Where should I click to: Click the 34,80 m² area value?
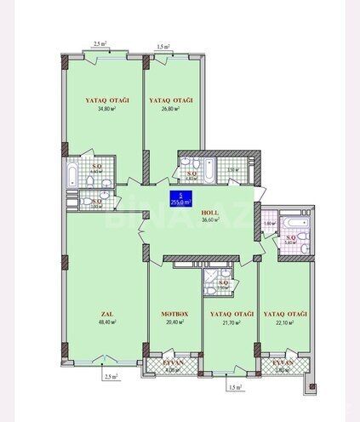point(106,109)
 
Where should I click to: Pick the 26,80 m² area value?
point(170,109)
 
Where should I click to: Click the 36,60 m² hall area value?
point(210,220)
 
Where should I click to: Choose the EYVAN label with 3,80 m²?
point(285,363)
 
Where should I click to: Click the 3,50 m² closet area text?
point(232,171)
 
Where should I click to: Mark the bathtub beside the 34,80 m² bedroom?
point(71,175)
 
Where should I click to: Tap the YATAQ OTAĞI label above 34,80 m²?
point(106,100)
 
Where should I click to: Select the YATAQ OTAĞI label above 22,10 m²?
point(284,315)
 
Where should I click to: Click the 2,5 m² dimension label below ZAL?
point(108,375)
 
